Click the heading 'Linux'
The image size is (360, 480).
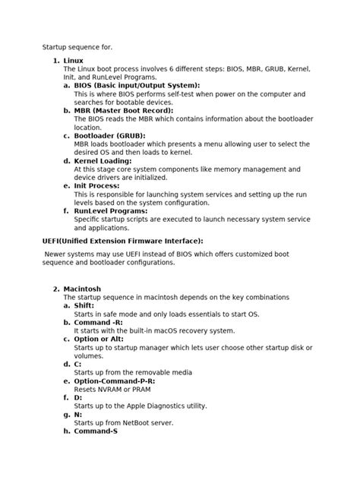pyautogui.click(x=74, y=59)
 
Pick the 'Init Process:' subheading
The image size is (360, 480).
pyautogui.click(x=97, y=185)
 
